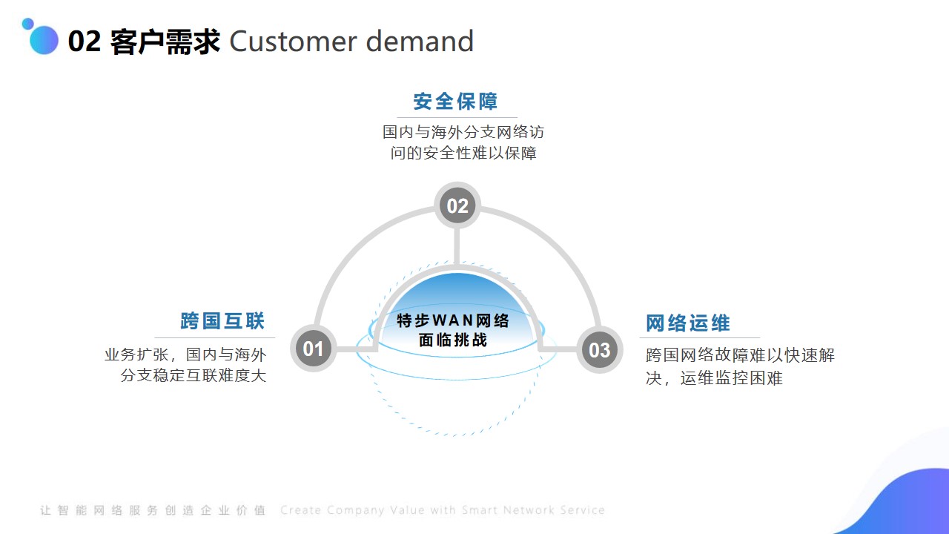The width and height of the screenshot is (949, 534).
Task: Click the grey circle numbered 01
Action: [313, 349]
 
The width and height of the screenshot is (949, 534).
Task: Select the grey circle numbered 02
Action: [457, 205]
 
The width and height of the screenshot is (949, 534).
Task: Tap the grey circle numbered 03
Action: [600, 349]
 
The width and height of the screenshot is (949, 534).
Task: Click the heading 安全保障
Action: [455, 102]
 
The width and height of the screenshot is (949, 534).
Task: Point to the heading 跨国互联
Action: [223, 321]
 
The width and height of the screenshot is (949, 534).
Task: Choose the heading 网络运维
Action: [688, 323]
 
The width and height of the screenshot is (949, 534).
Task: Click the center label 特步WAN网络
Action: [453, 320]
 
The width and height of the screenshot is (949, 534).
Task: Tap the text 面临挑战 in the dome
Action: [453, 340]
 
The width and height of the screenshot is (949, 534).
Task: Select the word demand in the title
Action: [420, 41]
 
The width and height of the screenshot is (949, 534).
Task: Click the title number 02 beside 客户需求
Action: [85, 42]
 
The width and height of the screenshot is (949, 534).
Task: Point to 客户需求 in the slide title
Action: [165, 42]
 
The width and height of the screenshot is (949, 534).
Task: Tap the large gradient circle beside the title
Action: [44, 40]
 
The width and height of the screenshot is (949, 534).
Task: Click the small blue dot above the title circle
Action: [28, 24]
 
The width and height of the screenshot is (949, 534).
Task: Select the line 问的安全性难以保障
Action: [463, 153]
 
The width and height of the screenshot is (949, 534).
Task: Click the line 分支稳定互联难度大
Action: [194, 375]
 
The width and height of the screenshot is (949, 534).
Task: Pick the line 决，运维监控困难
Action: [714, 378]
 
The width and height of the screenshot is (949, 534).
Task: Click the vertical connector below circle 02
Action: [457, 247]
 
